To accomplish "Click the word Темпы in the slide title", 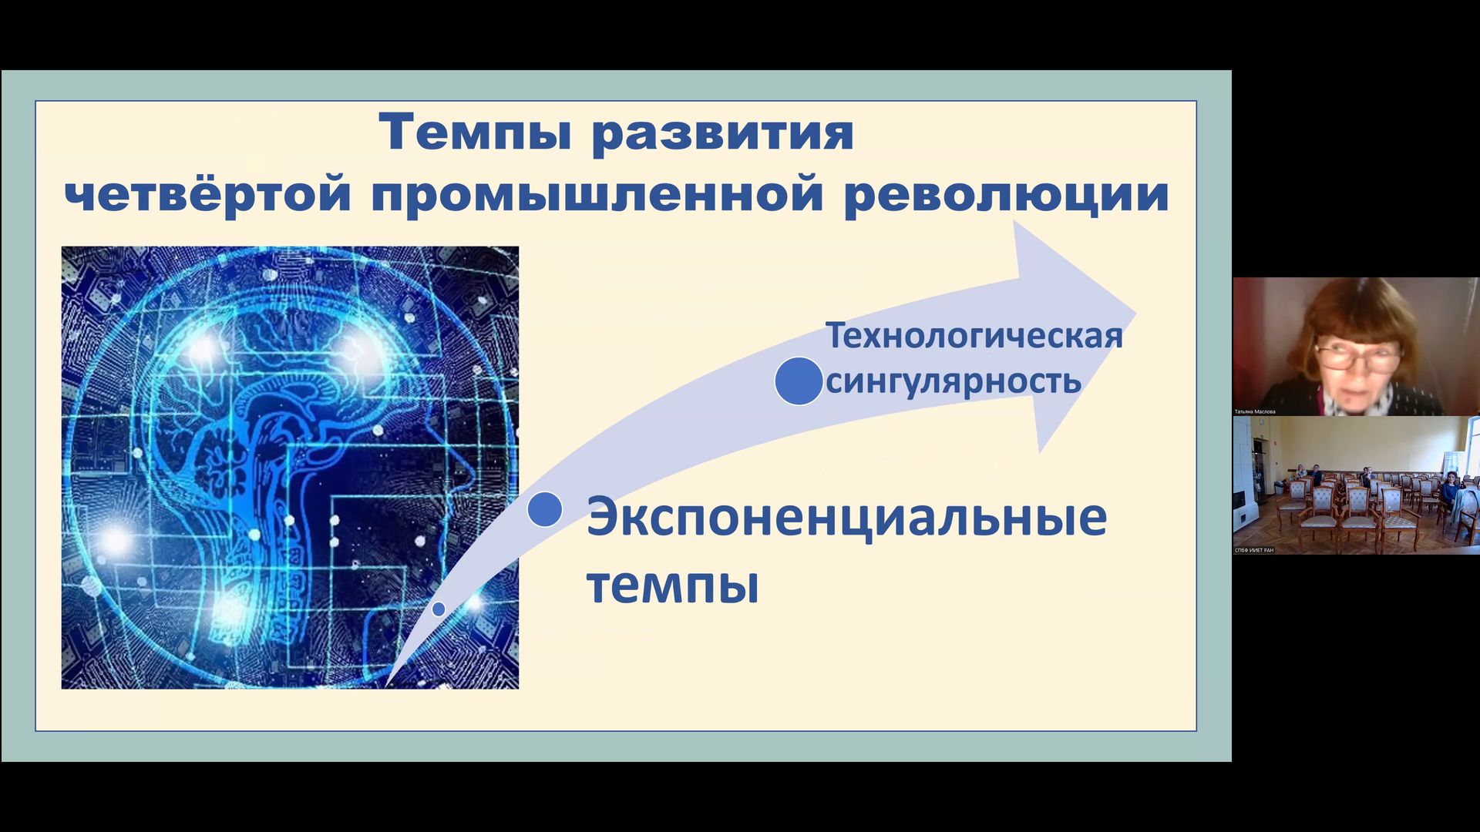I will tap(475, 133).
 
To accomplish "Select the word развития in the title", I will tap(722, 133).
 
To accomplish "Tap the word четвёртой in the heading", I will tap(207, 194).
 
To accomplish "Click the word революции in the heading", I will tap(1006, 194).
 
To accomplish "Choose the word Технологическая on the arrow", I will tap(974, 337).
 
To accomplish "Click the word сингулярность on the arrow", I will tap(953, 381).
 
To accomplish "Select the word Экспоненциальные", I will tap(846, 517).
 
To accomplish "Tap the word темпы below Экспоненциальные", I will tap(672, 585).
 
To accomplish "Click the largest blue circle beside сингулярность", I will tap(799, 381).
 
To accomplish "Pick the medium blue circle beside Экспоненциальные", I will tap(545, 509).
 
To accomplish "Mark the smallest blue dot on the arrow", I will tap(439, 609).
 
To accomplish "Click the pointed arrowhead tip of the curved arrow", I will tap(1134, 313).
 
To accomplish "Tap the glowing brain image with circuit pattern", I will tap(290, 467).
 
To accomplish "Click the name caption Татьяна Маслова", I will tap(1255, 412).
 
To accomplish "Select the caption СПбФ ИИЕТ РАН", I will tap(1254, 550).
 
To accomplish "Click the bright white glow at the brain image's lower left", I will tap(115, 539).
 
